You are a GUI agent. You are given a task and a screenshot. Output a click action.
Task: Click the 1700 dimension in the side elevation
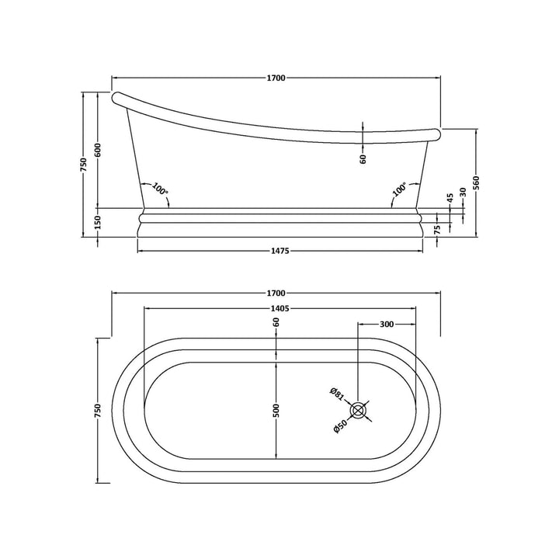coord(276,78)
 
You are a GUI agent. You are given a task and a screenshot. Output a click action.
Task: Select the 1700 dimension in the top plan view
coord(276,293)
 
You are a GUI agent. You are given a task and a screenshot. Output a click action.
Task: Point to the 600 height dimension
coord(98,151)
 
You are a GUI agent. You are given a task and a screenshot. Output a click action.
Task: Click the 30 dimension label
coord(464,192)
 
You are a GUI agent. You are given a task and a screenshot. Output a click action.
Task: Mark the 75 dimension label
coord(437,229)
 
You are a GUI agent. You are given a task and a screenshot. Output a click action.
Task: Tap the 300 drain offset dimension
coord(385,324)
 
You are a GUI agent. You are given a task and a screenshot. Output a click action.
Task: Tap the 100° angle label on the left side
coord(160,189)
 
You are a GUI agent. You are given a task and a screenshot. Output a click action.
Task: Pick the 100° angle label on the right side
coord(399,189)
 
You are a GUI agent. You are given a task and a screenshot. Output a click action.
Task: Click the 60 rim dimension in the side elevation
coord(363,158)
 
